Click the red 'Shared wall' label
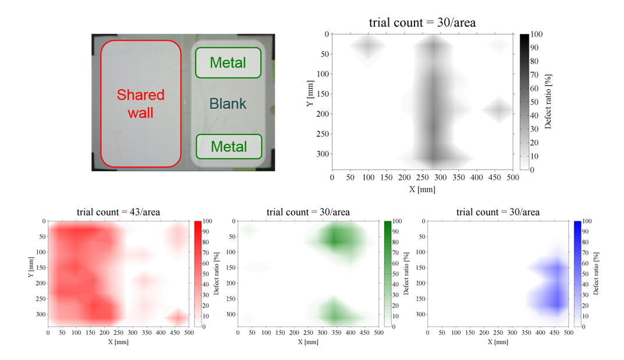point(141,103)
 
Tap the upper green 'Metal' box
point(228,62)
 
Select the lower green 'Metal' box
point(228,146)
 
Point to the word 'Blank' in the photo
point(228,104)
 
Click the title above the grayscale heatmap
point(422,23)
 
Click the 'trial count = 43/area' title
point(118,212)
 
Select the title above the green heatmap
point(308,212)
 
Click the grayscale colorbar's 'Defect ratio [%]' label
point(548,102)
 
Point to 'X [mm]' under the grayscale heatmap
point(422,189)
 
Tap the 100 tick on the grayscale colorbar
point(536,35)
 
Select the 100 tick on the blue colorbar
point(587,221)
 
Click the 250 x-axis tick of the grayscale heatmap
point(422,177)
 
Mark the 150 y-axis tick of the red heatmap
point(40,267)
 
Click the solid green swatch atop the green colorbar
point(388,224)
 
